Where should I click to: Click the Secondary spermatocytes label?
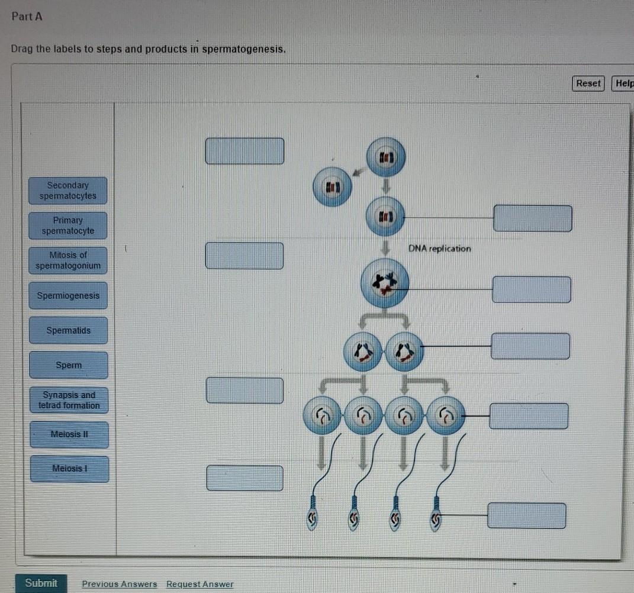[68, 191]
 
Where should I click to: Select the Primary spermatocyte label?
[68, 225]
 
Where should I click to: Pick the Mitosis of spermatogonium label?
[68, 260]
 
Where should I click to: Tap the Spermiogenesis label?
[68, 295]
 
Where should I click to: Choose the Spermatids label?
[68, 330]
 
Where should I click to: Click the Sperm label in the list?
[69, 365]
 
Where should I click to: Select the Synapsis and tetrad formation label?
[69, 400]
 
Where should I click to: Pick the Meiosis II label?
[69, 434]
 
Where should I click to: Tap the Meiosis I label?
[69, 469]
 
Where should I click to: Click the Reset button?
[588, 83]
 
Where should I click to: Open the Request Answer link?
[199, 584]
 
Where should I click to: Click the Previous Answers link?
[119, 584]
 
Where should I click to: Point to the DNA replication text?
[439, 249]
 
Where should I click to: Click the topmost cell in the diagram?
[386, 157]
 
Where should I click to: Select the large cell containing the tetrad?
[385, 283]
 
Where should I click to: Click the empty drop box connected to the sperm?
[526, 515]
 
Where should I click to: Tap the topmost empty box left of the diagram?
[244, 151]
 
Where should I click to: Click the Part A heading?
[27, 17]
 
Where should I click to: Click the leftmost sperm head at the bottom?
[312, 520]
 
